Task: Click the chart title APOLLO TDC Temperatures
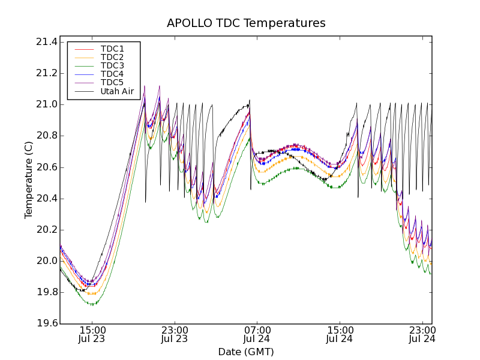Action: point(246,23)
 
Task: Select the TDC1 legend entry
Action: point(112,49)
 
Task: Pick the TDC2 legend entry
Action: point(112,57)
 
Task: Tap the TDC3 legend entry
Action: point(112,65)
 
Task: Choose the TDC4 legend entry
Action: point(112,74)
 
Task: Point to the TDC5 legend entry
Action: point(112,82)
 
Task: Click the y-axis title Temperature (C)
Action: point(29,180)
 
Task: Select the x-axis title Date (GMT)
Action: point(246,352)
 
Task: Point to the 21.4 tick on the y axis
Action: point(46,42)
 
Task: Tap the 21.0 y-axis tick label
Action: point(46,104)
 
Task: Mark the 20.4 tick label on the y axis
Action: point(46,199)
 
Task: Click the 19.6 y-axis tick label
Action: point(46,324)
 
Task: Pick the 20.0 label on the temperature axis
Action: point(46,261)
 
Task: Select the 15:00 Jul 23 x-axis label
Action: point(92,334)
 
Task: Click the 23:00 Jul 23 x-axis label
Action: point(175,334)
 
